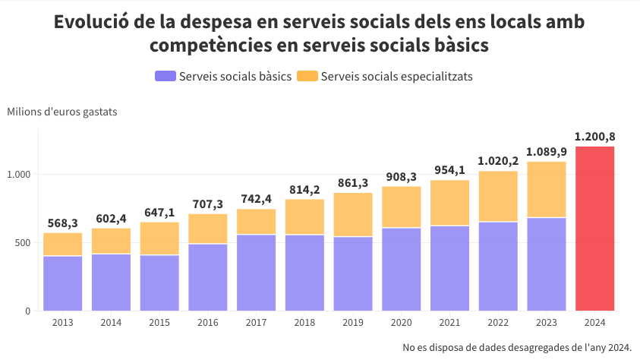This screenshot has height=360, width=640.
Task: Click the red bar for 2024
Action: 594,228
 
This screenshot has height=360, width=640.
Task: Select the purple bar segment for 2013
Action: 63,283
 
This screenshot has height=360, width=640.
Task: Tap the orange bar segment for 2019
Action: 353,215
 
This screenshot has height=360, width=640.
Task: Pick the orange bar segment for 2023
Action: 547,190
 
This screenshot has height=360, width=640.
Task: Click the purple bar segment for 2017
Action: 257,273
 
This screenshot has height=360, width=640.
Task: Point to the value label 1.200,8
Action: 594,137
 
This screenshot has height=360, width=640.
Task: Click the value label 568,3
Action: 63,223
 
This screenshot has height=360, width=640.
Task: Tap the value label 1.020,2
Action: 498,161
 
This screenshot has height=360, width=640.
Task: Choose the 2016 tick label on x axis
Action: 208,323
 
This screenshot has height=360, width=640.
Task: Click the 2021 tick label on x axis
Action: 449,323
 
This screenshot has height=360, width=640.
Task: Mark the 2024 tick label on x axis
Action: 594,323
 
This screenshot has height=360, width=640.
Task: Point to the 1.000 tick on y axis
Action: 19,175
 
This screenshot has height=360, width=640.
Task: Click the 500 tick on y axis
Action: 23,243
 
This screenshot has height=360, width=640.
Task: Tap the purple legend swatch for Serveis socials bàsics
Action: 165,77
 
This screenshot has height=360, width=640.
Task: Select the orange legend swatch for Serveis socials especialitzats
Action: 307,77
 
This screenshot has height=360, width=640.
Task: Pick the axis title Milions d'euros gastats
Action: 62,112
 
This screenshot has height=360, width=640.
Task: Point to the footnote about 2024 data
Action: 517,347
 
